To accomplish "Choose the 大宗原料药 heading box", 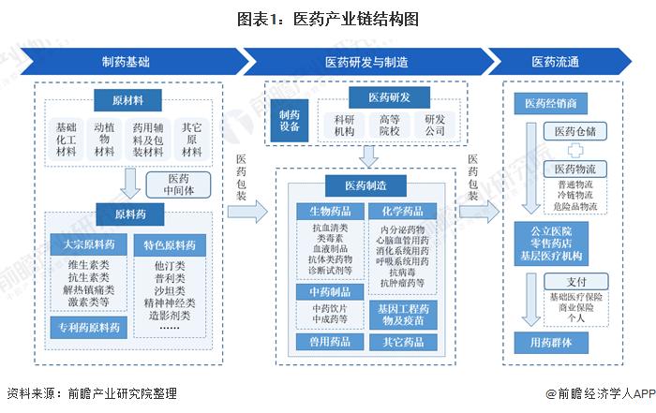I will pos(85,245).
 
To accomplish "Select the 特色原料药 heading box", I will pos(170,245).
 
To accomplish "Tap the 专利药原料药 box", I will pos(85,327).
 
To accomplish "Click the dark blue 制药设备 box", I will pos(290,120).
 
